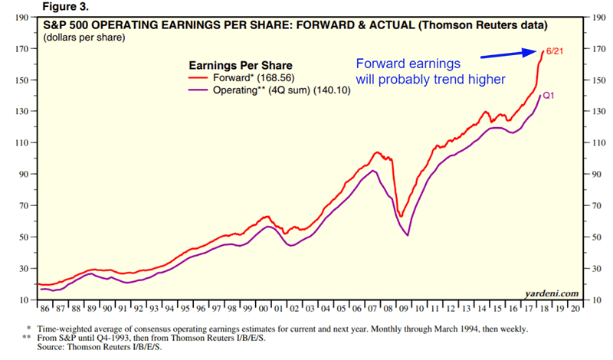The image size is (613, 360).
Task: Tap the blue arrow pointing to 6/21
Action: click(x=491, y=54)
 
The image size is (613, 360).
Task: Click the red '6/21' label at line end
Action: click(x=533, y=51)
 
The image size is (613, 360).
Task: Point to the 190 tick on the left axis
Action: click(x=23, y=18)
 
